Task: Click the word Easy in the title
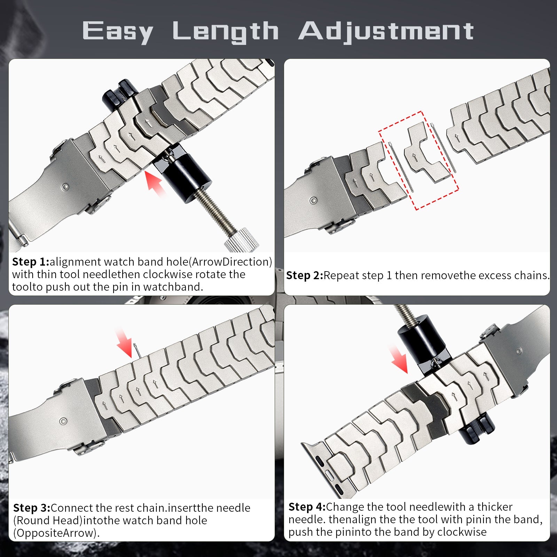click(x=118, y=31)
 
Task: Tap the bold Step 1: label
click(x=30, y=262)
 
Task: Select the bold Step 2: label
click(x=304, y=275)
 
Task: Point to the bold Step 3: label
click(x=31, y=508)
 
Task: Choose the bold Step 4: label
click(x=307, y=507)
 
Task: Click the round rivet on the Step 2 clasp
click(x=313, y=201)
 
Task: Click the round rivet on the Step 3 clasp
click(x=63, y=422)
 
